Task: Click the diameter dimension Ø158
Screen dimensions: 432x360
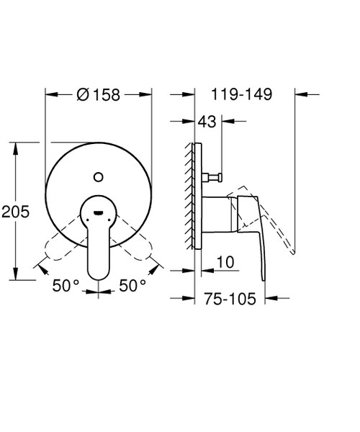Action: [99, 94]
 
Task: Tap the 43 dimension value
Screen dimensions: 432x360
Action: [207, 123]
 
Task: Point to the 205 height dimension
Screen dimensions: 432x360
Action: [15, 212]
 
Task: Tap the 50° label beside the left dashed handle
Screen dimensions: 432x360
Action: [66, 286]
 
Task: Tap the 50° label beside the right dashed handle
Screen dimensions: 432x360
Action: [132, 286]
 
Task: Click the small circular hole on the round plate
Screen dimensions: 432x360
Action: [99, 174]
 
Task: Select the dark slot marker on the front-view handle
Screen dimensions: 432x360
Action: [99, 212]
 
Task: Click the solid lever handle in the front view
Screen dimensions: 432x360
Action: [99, 245]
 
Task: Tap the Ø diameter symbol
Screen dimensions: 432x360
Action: [82, 94]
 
